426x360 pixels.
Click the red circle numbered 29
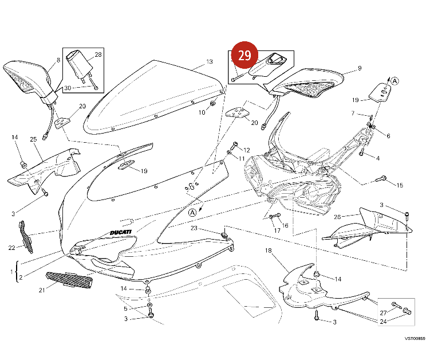[x=244, y=56]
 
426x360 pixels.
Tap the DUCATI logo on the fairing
[x=121, y=233]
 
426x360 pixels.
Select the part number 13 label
[x=210, y=62]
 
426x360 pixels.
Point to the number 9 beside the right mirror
[x=360, y=68]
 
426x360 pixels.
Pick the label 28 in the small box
[x=98, y=55]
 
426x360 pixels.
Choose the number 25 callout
[x=33, y=139]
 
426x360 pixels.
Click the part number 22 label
[x=12, y=248]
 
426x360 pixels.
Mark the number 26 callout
[x=337, y=217]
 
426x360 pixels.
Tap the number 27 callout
[x=383, y=312]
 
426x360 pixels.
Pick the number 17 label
[x=277, y=230]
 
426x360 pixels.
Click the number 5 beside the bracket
[x=125, y=308]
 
